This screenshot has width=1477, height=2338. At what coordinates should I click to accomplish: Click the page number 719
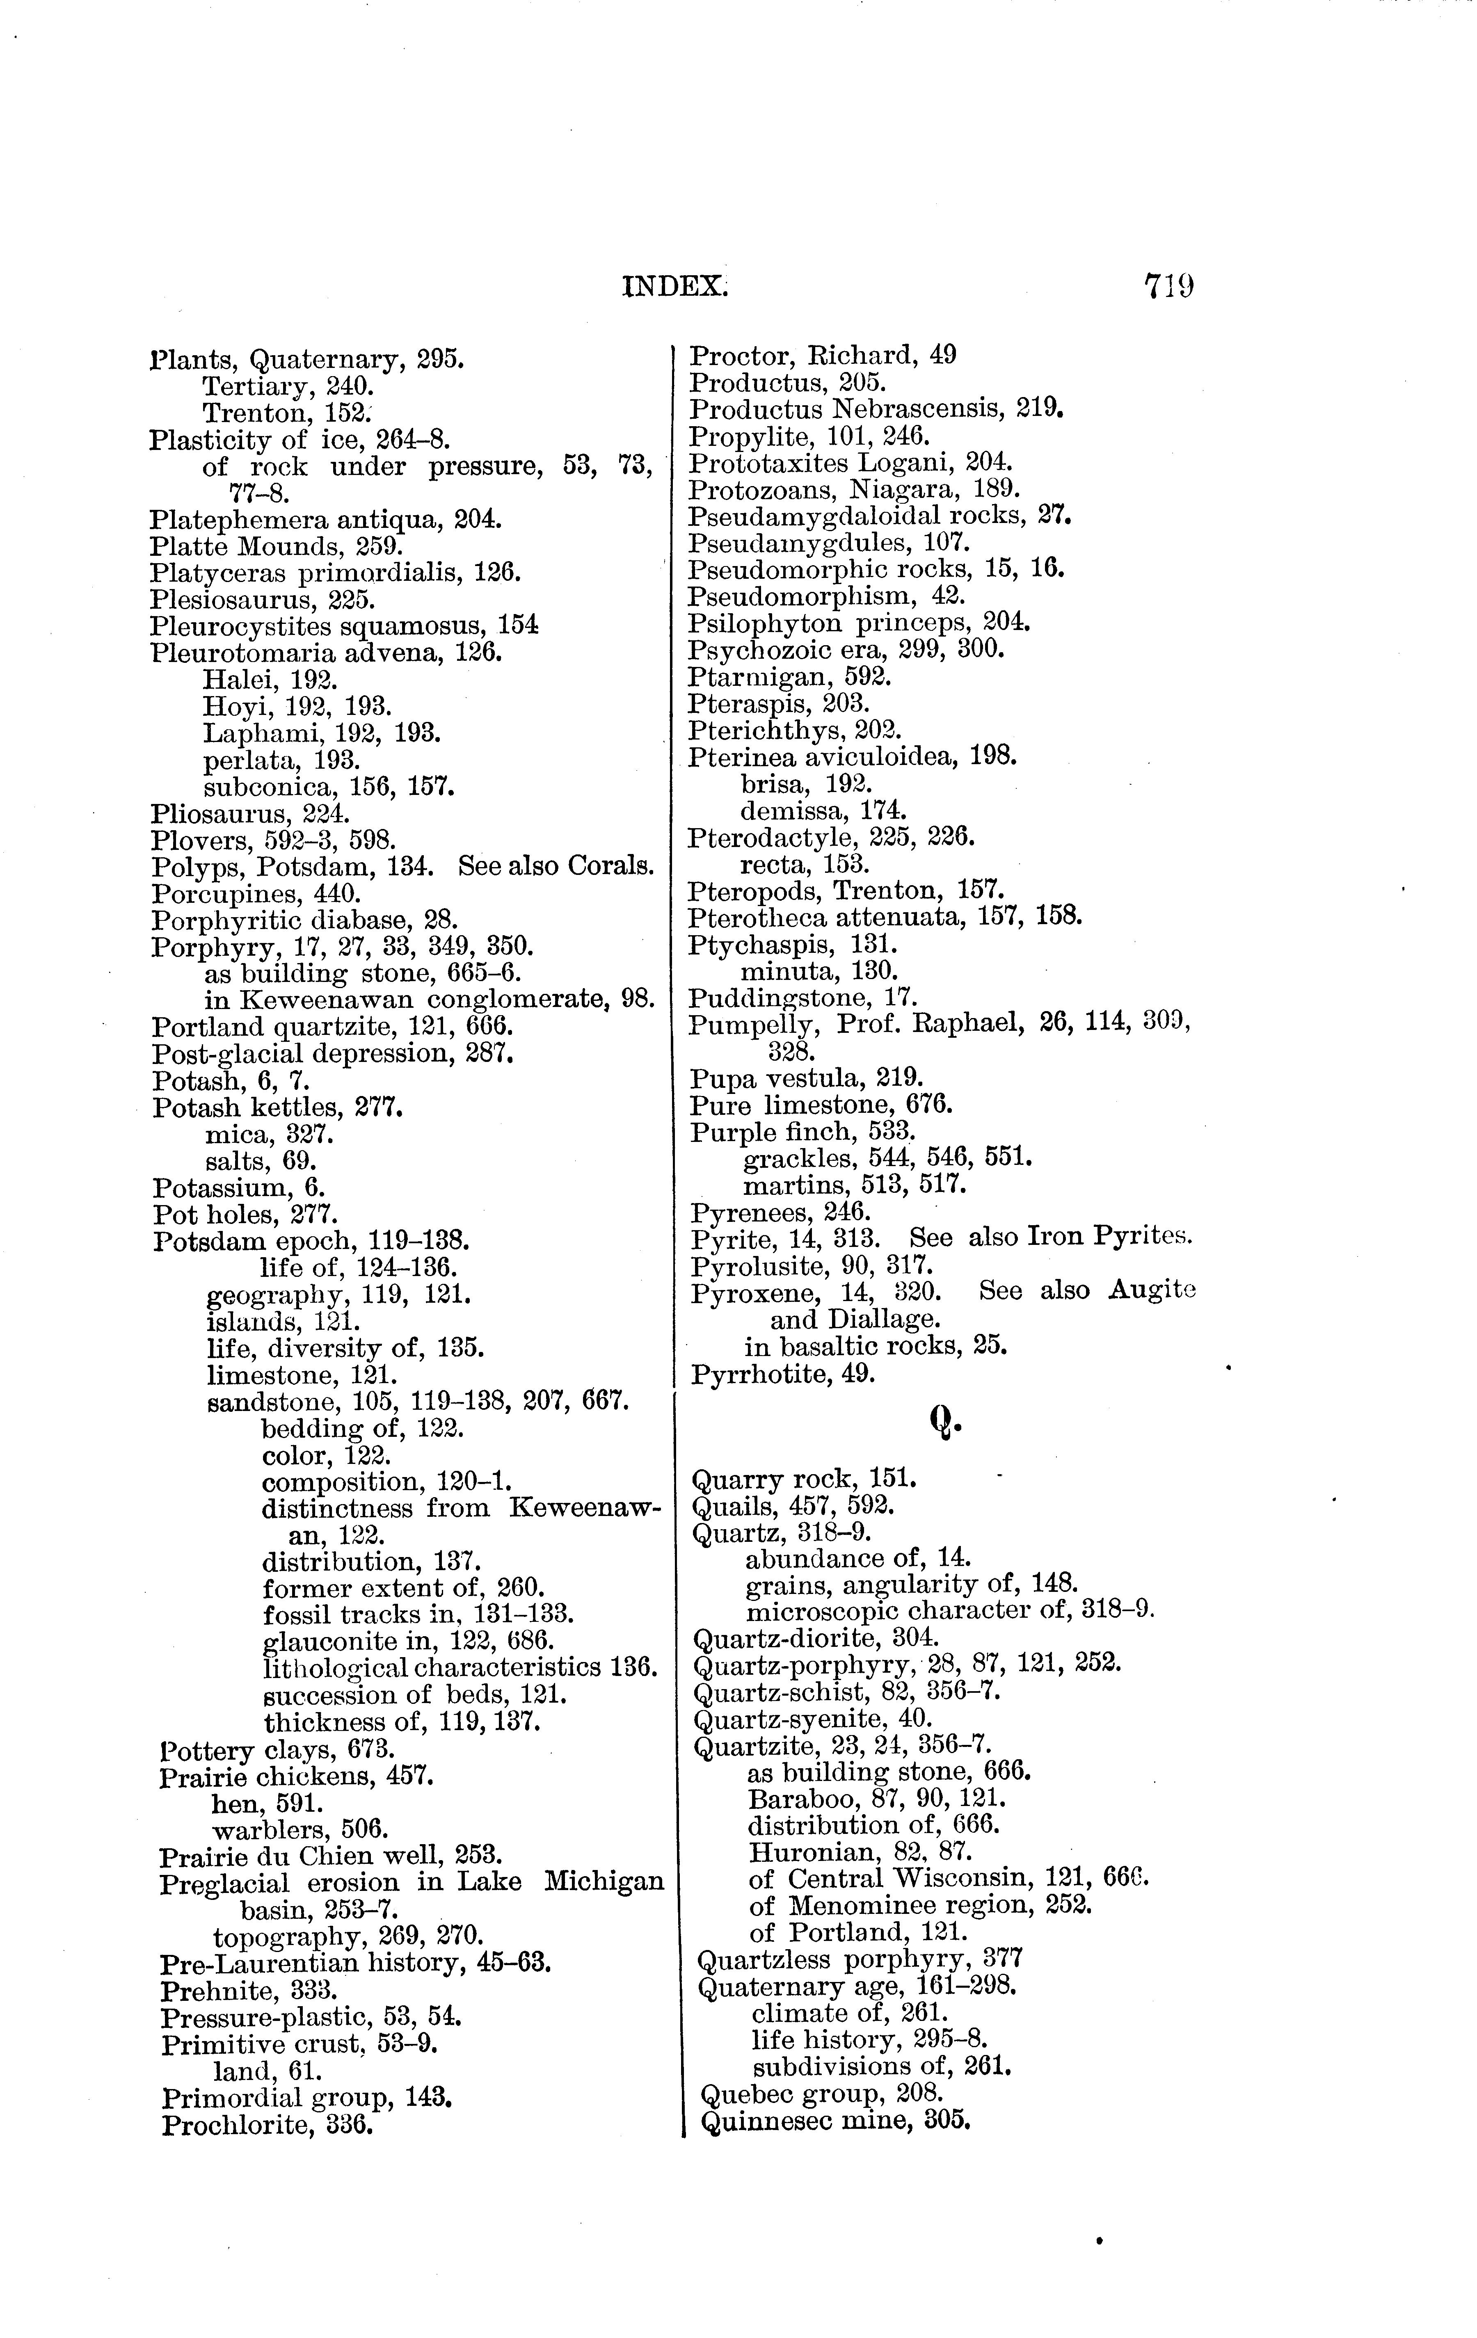(x=1168, y=286)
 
